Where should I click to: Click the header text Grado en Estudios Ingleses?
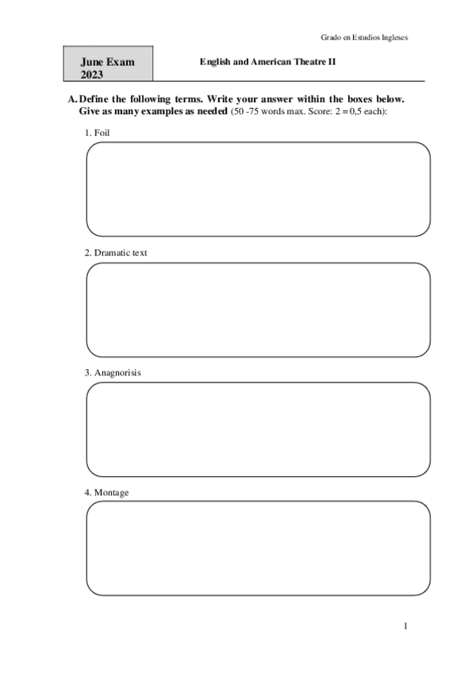click(364, 37)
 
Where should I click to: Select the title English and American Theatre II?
click(268, 61)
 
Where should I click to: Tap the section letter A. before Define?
click(73, 99)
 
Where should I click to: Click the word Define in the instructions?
click(97, 99)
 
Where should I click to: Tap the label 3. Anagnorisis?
click(113, 372)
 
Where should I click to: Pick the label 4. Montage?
click(106, 493)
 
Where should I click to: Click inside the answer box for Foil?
click(258, 189)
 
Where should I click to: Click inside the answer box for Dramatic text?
click(258, 310)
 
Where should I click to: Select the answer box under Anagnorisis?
click(258, 429)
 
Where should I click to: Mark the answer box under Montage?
click(258, 548)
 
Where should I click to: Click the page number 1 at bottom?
click(405, 626)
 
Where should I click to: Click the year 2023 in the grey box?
click(92, 74)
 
